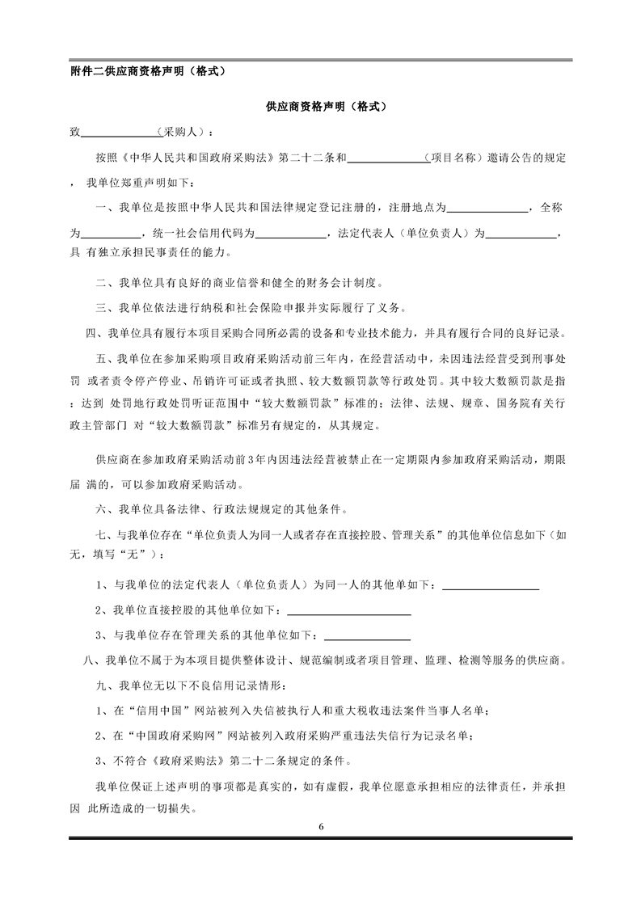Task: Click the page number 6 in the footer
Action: tap(321, 826)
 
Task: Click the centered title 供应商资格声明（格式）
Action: tap(321, 106)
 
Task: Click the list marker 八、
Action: tap(93, 661)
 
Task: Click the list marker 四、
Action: tap(93, 333)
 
